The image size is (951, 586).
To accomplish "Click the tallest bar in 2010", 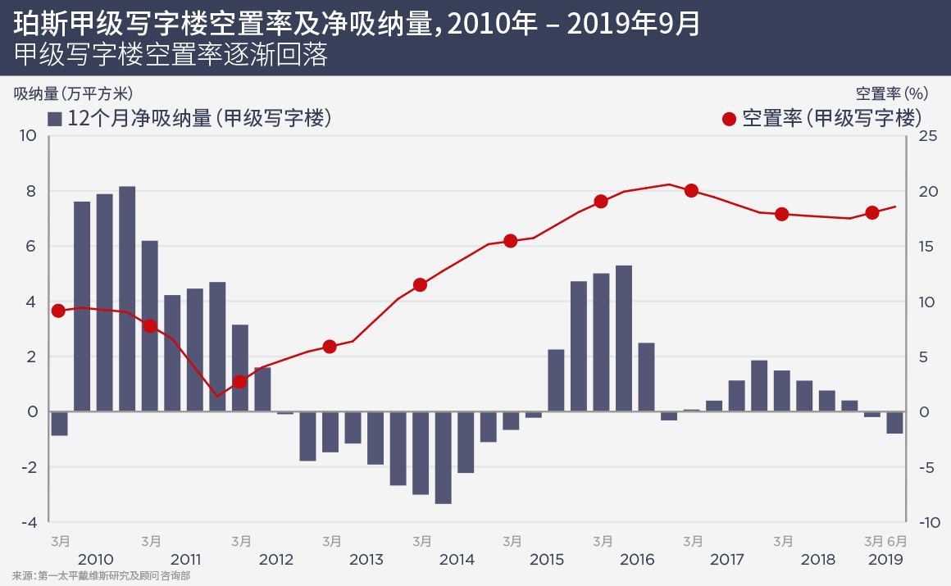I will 127,298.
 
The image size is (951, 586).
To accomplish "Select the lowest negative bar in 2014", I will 443,457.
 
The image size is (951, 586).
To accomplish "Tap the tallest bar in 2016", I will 624,338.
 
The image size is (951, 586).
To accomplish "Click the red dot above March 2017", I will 691,191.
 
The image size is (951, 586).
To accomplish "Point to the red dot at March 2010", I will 58,311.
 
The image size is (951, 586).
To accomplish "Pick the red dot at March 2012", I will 239,382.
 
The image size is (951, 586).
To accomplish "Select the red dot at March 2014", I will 421,285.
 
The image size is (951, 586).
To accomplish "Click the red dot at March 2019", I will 872,213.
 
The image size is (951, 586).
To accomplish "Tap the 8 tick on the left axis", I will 31,191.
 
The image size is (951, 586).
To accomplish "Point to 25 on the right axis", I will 927,136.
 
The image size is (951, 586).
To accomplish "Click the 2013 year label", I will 366,561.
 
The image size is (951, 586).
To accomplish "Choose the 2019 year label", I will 885,561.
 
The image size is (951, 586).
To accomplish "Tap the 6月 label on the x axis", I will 898,542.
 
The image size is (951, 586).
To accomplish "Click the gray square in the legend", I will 55,119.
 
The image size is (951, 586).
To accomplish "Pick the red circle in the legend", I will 729,119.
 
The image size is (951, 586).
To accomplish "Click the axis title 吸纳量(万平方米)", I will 73,93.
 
